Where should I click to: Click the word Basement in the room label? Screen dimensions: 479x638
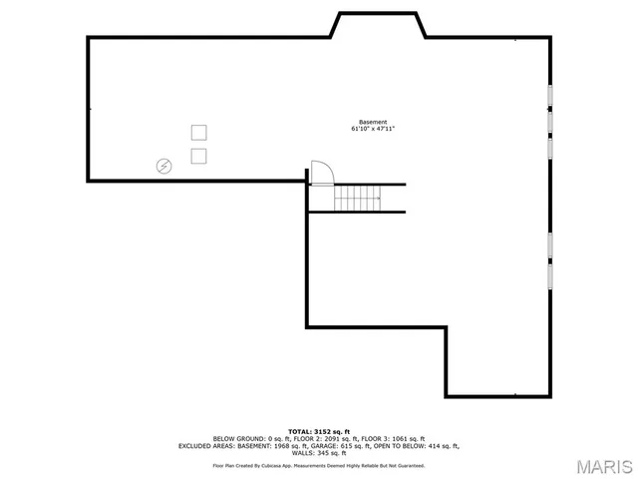(x=373, y=122)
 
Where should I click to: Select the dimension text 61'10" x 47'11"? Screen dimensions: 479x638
(x=373, y=129)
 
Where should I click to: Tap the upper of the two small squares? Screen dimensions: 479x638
(x=198, y=132)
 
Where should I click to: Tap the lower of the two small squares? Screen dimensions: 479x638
(x=198, y=155)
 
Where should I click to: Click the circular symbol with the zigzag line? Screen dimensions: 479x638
(x=163, y=166)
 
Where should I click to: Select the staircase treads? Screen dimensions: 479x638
(x=357, y=199)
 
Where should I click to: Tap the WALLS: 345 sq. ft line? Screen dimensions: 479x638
(x=318, y=453)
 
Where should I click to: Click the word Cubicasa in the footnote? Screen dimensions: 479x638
(x=280, y=466)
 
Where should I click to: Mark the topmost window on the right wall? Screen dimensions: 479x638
(x=549, y=96)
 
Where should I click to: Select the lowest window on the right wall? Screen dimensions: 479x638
(x=549, y=276)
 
